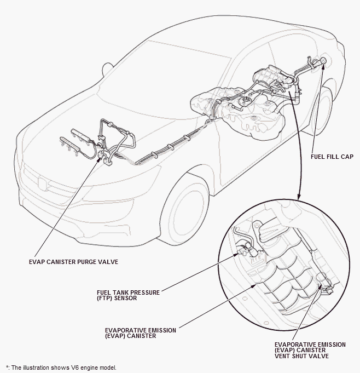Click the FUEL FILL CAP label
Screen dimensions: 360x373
point(332,157)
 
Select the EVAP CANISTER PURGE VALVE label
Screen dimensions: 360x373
point(73,262)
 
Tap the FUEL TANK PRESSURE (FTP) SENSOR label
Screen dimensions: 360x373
point(129,295)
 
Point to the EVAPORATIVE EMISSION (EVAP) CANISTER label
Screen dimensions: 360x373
point(141,333)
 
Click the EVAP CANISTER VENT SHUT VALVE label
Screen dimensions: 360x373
point(310,351)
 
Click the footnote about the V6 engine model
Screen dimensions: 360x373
point(61,368)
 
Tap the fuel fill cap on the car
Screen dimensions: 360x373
point(323,61)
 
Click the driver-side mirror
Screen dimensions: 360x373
point(107,69)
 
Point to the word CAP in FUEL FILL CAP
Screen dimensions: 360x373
point(347,157)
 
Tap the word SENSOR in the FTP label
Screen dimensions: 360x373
point(125,299)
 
